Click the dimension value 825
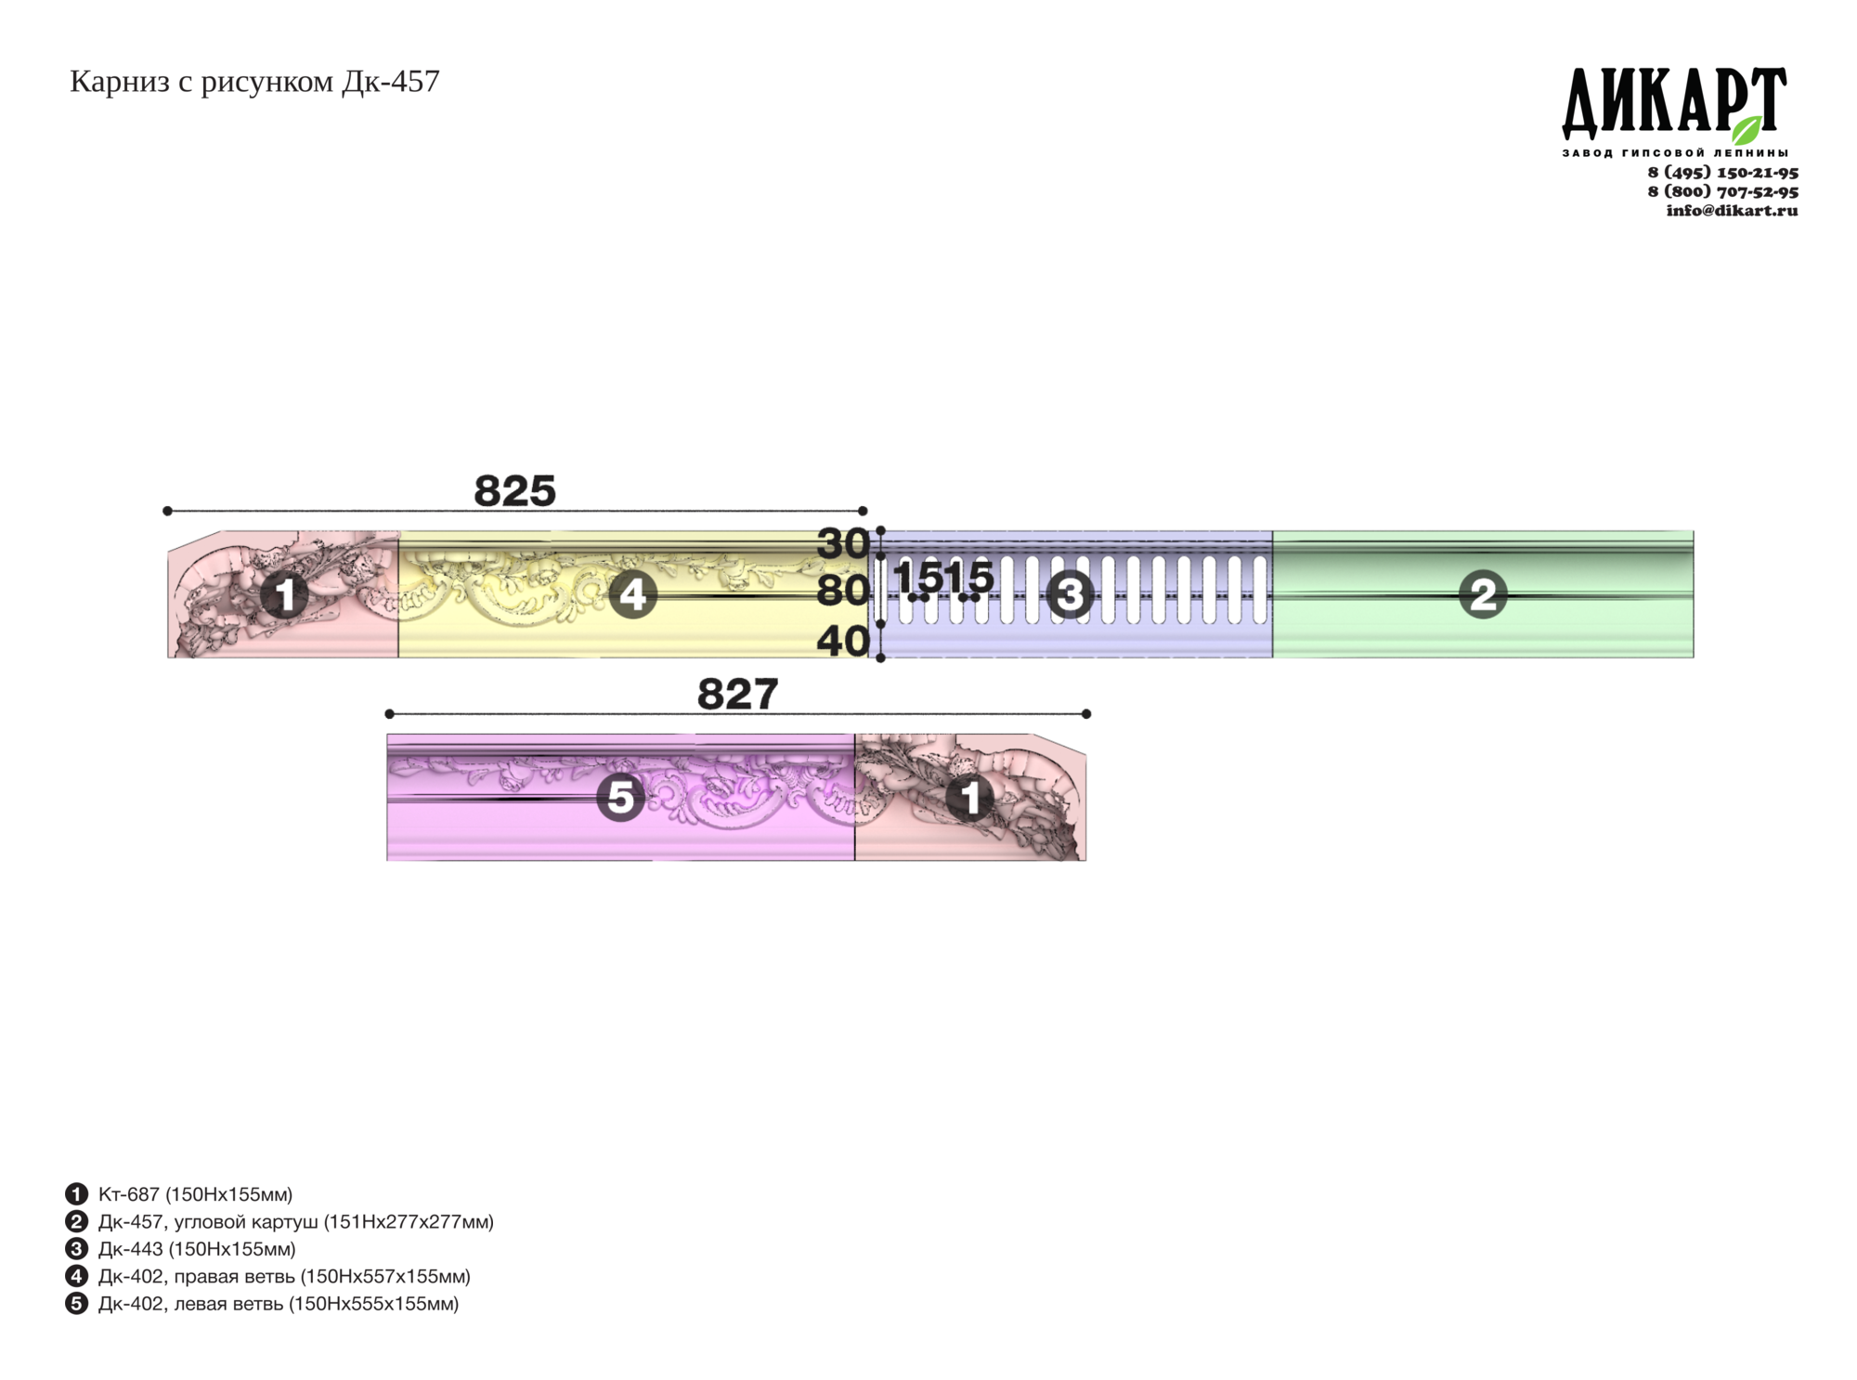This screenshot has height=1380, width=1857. pyautogui.click(x=514, y=490)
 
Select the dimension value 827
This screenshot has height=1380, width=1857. pyautogui.click(x=737, y=694)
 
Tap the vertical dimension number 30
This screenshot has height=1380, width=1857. pyautogui.click(x=842, y=544)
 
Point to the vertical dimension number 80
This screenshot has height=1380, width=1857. pyautogui.click(x=842, y=591)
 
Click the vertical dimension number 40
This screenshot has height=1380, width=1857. pyautogui.click(x=842, y=641)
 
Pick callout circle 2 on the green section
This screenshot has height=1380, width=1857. pyautogui.click(x=1483, y=594)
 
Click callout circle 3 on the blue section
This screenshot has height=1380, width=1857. pyautogui.click(x=1070, y=594)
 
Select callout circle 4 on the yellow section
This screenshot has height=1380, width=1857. pyautogui.click(x=633, y=594)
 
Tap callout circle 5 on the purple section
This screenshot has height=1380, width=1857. pyautogui.click(x=620, y=798)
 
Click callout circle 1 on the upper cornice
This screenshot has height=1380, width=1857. pyautogui.click(x=284, y=594)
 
